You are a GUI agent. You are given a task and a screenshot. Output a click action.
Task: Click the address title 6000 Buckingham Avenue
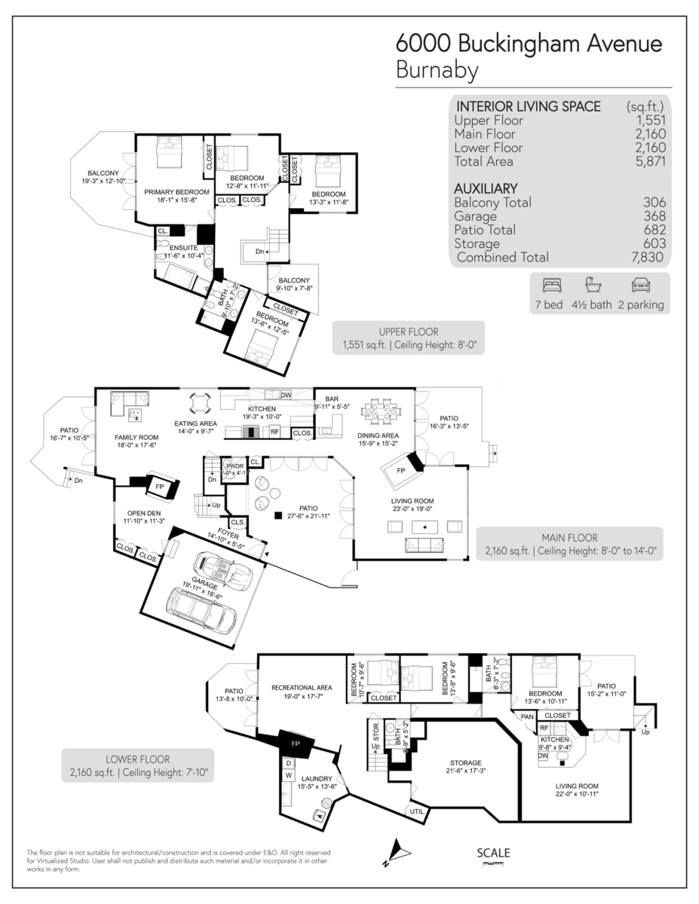pos(529,43)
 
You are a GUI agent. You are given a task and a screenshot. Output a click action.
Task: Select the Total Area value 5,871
pos(650,161)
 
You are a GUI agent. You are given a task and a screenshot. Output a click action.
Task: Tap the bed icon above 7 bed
pos(552,286)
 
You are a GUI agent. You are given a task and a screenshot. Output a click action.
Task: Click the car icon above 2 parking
pos(640,286)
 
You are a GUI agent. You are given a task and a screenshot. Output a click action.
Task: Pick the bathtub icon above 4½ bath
pos(594,286)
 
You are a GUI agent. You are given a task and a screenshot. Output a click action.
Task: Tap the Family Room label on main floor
pos(136,437)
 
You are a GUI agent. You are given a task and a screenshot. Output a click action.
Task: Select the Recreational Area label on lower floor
pos(302,687)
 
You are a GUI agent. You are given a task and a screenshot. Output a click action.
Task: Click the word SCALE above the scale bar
pos(493,853)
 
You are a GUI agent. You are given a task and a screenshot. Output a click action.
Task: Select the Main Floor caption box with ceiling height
pos(569,544)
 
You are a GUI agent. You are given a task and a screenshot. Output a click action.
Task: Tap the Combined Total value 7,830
pos(650,257)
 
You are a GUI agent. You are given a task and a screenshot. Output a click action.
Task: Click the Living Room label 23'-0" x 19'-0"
pos(412,501)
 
